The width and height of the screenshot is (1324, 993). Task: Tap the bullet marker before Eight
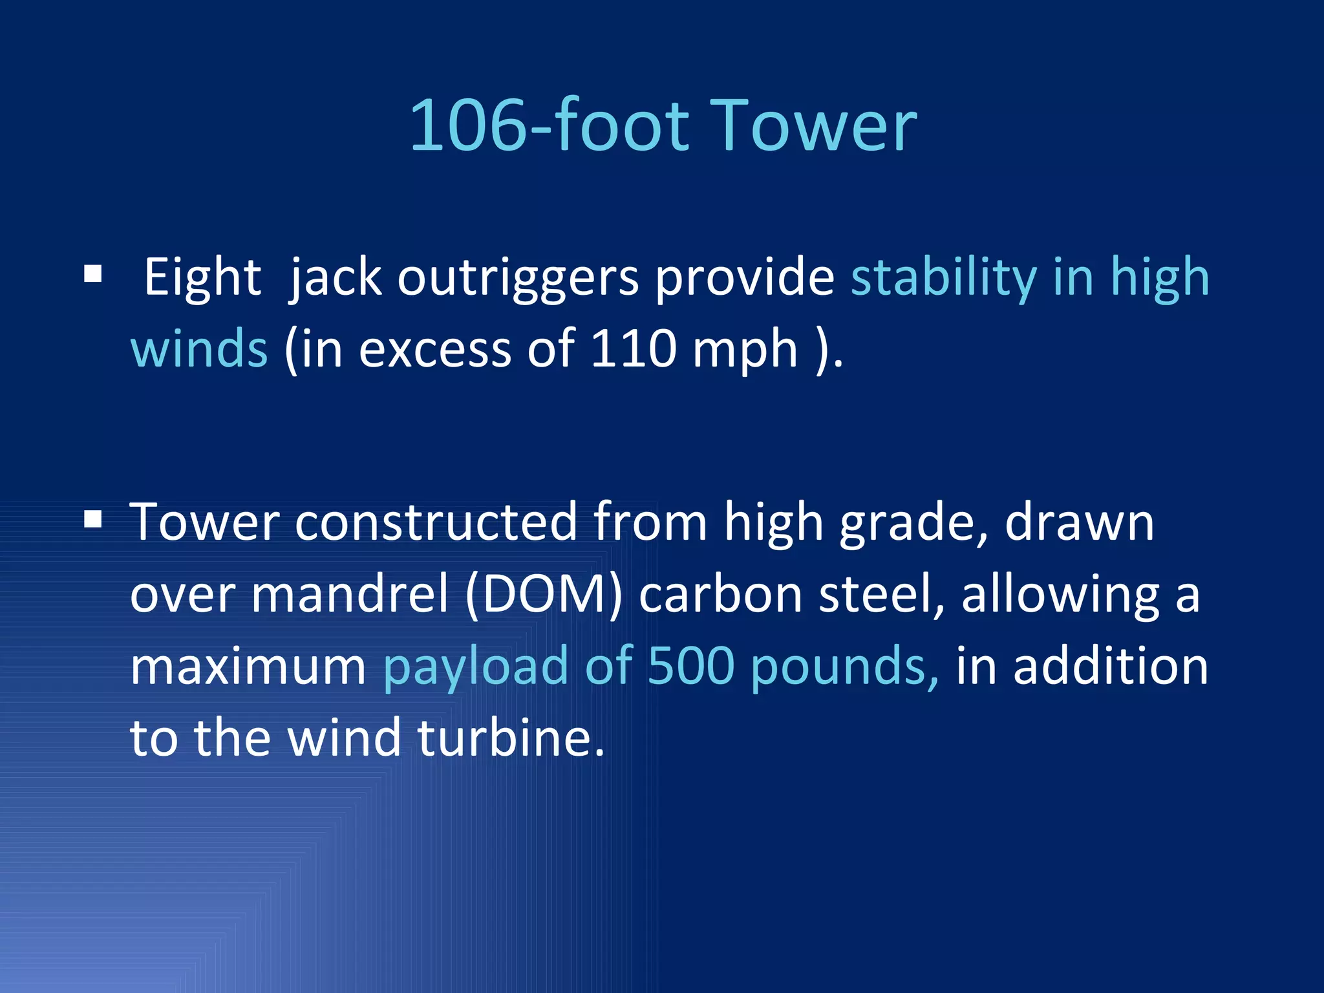click(x=93, y=275)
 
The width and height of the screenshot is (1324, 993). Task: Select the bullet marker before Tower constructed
click(x=93, y=519)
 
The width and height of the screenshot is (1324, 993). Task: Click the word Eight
click(x=202, y=278)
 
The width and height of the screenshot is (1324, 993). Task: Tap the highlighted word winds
click(x=198, y=349)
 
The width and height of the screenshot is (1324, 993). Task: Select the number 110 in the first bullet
click(x=633, y=349)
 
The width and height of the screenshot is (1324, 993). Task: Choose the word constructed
click(x=436, y=522)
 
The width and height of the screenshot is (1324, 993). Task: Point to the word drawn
click(x=1079, y=522)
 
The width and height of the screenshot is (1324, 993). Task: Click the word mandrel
click(x=350, y=595)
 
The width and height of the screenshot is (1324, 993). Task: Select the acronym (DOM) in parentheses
click(x=544, y=595)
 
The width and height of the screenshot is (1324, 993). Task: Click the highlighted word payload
click(x=476, y=668)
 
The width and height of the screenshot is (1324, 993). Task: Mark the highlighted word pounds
click(x=844, y=668)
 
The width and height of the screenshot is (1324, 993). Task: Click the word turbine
click(x=511, y=738)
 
